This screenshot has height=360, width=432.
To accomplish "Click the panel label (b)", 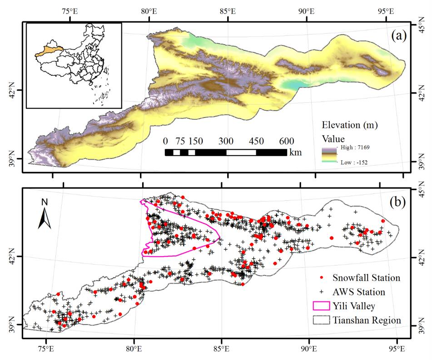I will [x=398, y=202].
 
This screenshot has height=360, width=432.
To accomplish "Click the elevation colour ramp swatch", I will [x=329, y=155].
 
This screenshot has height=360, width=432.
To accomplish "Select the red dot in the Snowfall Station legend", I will [x=322, y=277].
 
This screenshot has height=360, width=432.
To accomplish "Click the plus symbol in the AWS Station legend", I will [x=322, y=291].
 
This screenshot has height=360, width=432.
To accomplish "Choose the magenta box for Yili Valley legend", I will [x=322, y=306].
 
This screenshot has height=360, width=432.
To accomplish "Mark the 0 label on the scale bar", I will [x=165, y=141].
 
